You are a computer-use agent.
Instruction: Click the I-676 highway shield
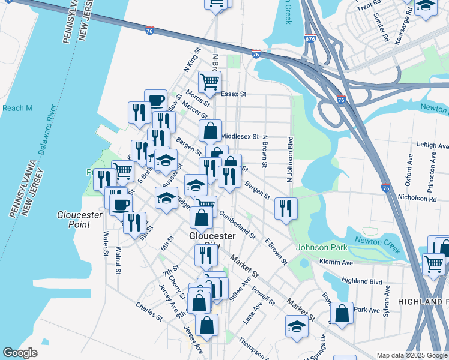(310, 38)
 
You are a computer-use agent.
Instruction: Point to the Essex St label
(234, 94)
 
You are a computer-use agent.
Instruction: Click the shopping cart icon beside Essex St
(209, 81)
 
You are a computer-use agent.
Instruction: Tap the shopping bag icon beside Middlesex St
(211, 130)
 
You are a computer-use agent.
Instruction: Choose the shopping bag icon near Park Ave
(342, 313)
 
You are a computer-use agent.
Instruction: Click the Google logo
(20, 353)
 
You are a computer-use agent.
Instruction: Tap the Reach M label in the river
(17, 108)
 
